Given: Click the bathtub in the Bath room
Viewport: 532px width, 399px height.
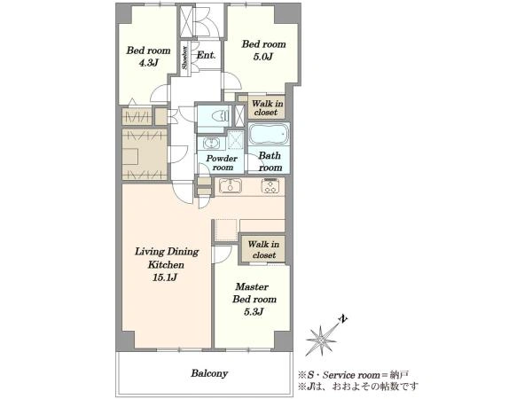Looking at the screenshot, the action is click(269, 134).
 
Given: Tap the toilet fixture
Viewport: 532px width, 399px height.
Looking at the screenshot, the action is click(221, 115).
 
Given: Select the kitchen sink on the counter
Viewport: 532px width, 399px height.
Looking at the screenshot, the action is click(231, 185).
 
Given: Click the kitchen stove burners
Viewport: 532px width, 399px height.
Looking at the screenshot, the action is click(270, 186).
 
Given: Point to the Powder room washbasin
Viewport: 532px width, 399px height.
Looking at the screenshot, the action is click(212, 143).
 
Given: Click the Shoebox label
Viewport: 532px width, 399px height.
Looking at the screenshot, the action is click(184, 58).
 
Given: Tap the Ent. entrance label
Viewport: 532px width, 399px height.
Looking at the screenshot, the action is click(206, 55).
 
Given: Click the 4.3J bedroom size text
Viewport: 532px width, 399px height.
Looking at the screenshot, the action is click(148, 63).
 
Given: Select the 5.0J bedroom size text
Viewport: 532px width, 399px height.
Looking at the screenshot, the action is click(263, 57).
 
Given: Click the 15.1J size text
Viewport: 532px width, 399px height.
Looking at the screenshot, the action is click(165, 278).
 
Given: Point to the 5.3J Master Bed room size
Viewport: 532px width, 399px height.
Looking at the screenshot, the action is click(254, 312).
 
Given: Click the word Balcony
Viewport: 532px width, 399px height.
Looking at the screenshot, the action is click(209, 373).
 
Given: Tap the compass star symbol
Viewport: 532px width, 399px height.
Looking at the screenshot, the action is click(321, 340).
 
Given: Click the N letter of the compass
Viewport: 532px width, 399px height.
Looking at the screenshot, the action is click(344, 319).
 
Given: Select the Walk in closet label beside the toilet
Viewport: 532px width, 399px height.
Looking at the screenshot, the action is click(267, 107).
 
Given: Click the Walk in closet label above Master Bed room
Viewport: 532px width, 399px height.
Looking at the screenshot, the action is click(263, 249).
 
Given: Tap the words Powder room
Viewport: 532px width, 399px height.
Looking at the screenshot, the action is click(222, 163).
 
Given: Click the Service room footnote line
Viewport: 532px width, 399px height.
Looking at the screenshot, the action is click(353, 375).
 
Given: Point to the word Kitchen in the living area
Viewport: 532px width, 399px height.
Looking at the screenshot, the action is click(166, 264).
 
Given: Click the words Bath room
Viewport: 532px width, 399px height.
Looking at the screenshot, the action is click(270, 161).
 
